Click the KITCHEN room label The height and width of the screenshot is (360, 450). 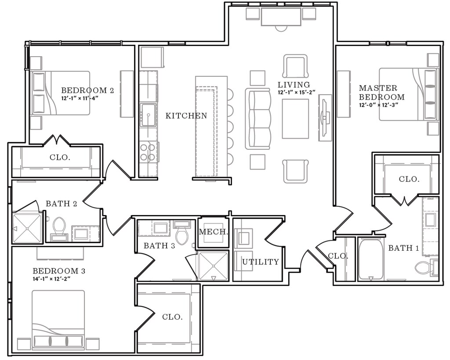click(186, 116)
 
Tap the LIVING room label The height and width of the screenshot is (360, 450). click(294, 85)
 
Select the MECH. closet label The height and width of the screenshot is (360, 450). click(214, 232)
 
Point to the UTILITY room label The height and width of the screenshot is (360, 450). click(261, 262)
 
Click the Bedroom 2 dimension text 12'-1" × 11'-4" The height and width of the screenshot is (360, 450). click(80, 98)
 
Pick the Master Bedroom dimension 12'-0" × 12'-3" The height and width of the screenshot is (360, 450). click(378, 104)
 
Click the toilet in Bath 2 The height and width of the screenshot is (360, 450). click(59, 228)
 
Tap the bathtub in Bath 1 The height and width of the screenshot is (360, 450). click(371, 259)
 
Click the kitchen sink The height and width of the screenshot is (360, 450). click(148, 115)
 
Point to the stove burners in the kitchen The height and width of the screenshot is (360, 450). click(148, 152)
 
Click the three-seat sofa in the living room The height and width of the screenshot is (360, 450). click(258, 119)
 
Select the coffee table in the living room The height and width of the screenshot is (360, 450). click(295, 119)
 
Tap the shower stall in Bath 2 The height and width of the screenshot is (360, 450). click(27, 228)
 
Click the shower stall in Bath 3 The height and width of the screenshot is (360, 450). click(213, 266)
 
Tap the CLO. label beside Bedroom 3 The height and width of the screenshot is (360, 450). click(172, 317)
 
